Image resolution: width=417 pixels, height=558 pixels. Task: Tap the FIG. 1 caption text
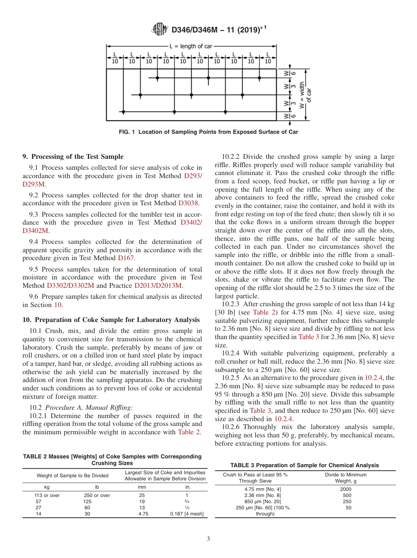pos(208,132)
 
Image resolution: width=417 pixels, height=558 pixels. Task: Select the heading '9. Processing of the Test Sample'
pos(73,157)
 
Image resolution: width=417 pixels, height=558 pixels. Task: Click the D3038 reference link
pos(188,203)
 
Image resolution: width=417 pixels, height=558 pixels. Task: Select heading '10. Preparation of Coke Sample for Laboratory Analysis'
pos(111,320)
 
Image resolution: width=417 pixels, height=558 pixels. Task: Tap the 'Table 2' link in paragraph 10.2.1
pos(189,432)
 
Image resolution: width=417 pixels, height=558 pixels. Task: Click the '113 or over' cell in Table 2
pos(47,495)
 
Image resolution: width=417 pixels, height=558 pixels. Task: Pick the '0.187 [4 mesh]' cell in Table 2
pos(187,514)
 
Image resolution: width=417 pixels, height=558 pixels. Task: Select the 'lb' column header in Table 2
pos(97,486)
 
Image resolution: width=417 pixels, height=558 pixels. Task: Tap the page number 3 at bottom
pos(208,539)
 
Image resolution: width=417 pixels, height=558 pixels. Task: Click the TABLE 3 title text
pos(305,465)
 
